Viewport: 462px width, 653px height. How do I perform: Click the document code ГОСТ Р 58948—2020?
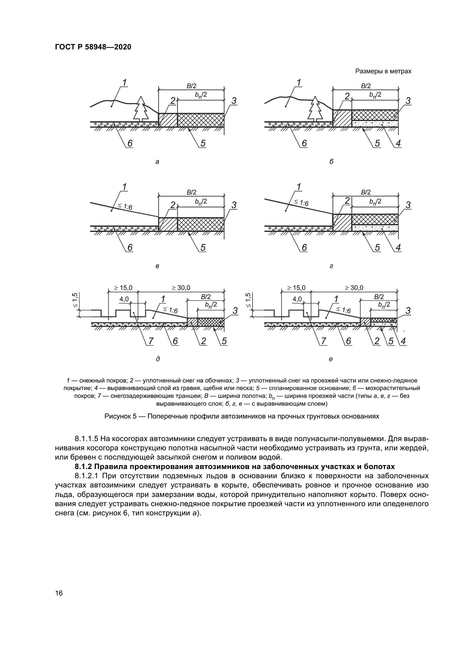pyautogui.click(x=93, y=47)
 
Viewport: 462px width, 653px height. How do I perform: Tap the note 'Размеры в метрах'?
pyautogui.click(x=383, y=71)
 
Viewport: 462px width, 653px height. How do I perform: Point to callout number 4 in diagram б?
pyautogui.click(x=398, y=143)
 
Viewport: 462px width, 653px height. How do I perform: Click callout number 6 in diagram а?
pyautogui.click(x=130, y=143)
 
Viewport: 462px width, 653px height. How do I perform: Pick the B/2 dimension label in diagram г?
pyautogui.click(x=366, y=193)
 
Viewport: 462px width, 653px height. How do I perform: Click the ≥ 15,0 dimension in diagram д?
pyautogui.click(x=123, y=288)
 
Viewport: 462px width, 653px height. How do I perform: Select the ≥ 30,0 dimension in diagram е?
pyautogui.click(x=354, y=288)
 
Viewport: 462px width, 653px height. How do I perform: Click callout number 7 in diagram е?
pyautogui.click(x=323, y=341)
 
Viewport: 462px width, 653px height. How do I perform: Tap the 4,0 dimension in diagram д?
pyautogui.click(x=124, y=299)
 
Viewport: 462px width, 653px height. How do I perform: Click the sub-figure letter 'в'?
pyautogui.click(x=157, y=267)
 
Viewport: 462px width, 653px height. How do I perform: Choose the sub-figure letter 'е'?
pyautogui.click(x=330, y=359)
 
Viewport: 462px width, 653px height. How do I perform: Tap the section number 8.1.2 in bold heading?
pyautogui.click(x=83, y=467)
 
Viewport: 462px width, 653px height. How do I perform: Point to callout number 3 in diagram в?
pyautogui.click(x=234, y=205)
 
